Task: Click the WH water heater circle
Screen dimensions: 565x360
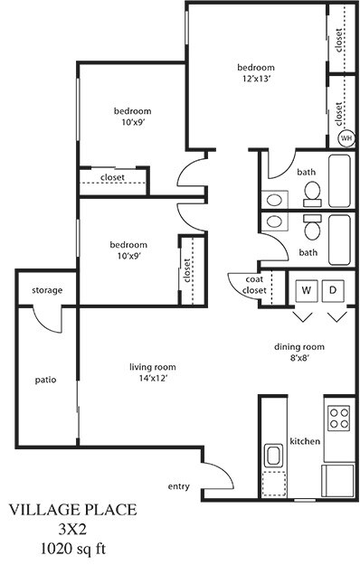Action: click(345, 138)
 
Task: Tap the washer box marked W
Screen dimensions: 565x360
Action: click(307, 290)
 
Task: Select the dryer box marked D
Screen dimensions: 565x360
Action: click(332, 290)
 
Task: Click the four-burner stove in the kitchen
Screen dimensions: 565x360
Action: click(339, 418)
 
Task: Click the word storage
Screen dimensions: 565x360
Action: click(47, 290)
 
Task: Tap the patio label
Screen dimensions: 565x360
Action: click(45, 380)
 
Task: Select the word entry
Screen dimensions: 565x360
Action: click(179, 486)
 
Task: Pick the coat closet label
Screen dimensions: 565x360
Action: click(256, 285)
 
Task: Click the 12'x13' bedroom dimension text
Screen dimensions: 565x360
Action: click(255, 80)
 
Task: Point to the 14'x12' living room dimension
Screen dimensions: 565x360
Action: click(152, 378)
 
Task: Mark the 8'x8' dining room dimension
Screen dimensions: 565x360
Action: click(299, 358)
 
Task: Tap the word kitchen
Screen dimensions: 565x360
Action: click(305, 441)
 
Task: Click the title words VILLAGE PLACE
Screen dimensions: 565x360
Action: click(73, 511)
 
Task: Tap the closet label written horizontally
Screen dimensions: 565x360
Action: click(113, 177)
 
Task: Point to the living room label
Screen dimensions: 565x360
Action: click(152, 366)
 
